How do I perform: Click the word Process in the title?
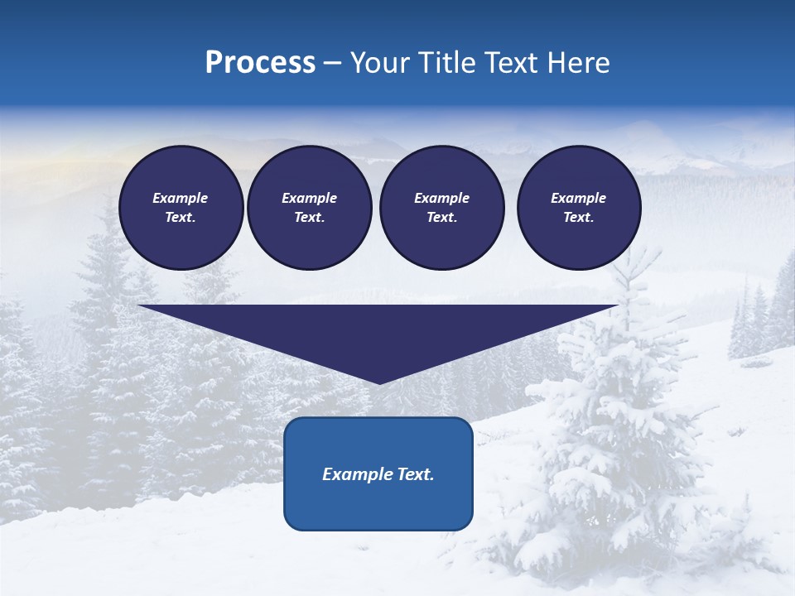(260, 63)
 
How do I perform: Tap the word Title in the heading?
(445, 63)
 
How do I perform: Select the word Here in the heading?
(577, 63)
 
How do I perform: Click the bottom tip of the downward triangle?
(379, 382)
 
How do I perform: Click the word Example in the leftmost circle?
(181, 198)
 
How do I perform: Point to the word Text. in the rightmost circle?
(578, 217)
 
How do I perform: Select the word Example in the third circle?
(441, 198)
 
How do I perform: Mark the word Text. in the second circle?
(309, 217)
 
